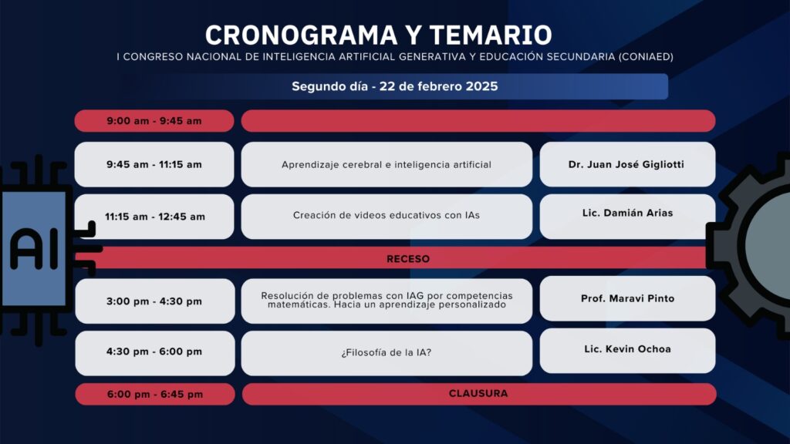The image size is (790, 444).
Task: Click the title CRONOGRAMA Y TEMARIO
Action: (x=378, y=35)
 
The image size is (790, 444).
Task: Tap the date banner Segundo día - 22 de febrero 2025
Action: (x=394, y=86)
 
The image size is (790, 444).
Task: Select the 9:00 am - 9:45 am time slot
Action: (x=154, y=121)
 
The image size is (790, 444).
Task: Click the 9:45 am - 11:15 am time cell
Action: (x=154, y=164)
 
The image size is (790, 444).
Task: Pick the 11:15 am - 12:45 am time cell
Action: (x=154, y=217)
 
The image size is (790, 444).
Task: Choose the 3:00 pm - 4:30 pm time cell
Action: (x=154, y=301)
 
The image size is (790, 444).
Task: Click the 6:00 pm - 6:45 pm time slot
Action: (x=154, y=394)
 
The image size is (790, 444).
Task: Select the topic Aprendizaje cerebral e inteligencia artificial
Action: (x=387, y=165)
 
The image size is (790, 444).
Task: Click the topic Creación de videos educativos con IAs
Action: (x=387, y=216)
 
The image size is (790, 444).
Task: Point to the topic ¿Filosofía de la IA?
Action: (x=387, y=353)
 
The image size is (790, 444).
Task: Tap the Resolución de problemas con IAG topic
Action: (x=387, y=300)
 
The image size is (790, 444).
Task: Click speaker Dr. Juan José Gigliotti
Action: (x=626, y=165)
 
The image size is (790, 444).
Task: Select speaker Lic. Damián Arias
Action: (x=627, y=213)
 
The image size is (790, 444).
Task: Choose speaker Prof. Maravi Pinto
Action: (x=627, y=298)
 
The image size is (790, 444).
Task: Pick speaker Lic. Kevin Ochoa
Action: (x=627, y=349)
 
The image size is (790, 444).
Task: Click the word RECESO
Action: (x=408, y=259)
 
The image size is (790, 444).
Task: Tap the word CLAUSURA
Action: (x=478, y=394)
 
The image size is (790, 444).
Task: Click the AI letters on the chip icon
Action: (x=34, y=249)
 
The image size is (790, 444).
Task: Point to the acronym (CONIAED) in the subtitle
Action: (x=646, y=57)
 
